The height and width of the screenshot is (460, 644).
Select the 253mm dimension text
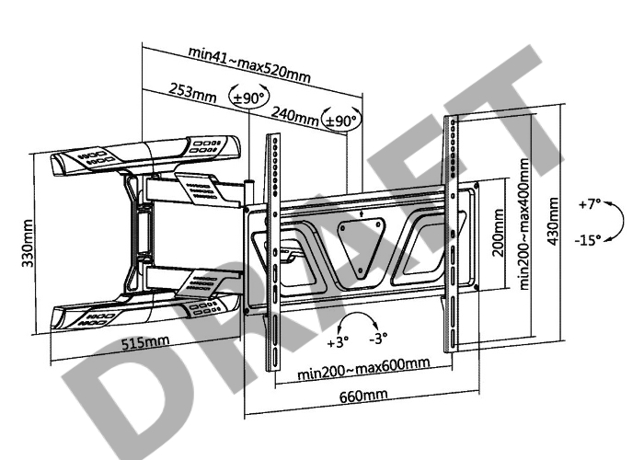coord(193,93)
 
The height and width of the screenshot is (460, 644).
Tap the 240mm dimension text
coord(294,115)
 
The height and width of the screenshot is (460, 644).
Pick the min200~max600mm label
coord(364,363)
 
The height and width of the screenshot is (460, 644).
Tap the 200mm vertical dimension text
coord(498,234)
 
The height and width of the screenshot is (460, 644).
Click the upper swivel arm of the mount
coord(147,155)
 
